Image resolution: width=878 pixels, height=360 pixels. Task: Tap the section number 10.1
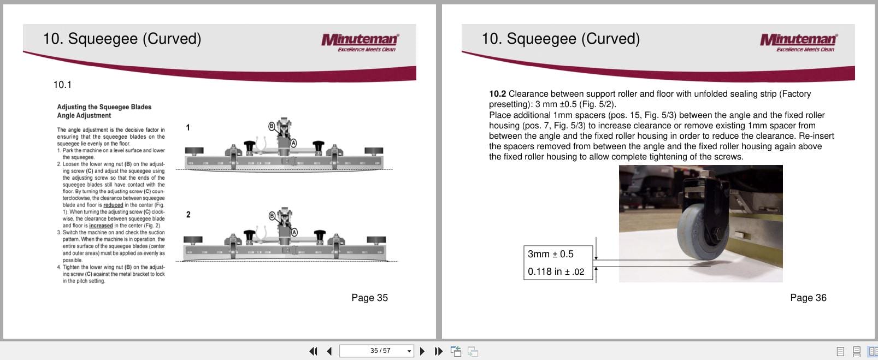62,85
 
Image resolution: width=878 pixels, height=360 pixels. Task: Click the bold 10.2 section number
497,94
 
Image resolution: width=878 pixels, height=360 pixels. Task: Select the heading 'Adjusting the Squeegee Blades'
104,107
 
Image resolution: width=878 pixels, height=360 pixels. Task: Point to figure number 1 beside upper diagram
188,127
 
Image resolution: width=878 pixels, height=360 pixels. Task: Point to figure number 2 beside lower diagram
188,215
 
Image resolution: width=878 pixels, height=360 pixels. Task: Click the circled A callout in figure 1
293,143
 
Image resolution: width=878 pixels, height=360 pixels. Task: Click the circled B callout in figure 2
272,215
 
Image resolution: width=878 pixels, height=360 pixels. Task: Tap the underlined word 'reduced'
113,205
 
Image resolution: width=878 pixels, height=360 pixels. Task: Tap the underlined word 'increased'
101,226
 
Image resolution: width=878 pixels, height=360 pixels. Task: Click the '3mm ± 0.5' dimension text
550,254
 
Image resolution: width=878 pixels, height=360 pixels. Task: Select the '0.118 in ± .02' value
556,272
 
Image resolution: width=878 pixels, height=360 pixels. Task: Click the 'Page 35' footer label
369,298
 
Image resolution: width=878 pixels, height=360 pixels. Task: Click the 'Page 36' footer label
808,298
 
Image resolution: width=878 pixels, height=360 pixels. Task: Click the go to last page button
438,351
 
